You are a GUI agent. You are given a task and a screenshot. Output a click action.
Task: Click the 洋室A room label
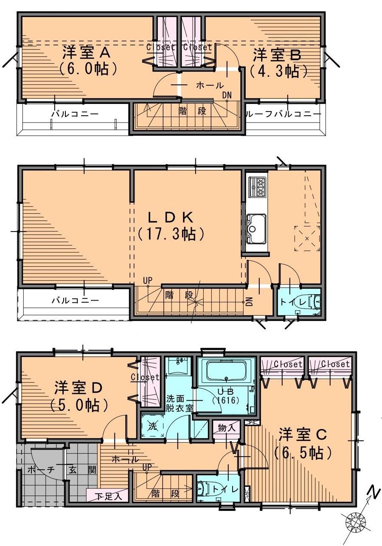coord(87,53)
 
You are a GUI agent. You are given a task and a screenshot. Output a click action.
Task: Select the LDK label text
coord(171,217)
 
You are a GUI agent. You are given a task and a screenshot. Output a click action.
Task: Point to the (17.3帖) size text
coord(171,234)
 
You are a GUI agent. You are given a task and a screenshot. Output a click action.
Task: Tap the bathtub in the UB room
coord(226,371)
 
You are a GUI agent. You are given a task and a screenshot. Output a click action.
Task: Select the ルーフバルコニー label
coord(284,114)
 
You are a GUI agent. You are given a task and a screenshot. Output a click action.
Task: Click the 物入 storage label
coord(227,428)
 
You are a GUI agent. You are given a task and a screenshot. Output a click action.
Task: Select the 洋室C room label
coord(302,435)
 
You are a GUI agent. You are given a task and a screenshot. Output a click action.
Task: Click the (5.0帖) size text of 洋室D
coord(78,406)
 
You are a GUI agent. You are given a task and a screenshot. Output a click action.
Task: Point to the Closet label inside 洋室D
coord(145,377)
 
